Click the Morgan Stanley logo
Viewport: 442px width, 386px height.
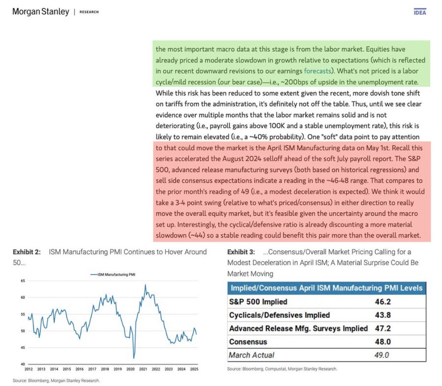coord(40,11)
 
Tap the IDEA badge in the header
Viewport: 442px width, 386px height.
coord(420,13)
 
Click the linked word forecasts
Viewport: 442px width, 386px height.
coord(317,71)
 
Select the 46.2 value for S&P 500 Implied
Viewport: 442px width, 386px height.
coord(383,302)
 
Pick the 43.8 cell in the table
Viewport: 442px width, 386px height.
coord(383,315)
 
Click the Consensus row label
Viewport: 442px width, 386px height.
coord(248,342)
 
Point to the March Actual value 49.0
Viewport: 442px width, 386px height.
coord(382,355)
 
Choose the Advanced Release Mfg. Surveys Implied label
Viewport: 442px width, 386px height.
coord(298,328)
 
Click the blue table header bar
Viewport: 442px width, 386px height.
coord(326,288)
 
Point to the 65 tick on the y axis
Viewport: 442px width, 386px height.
coord(23,281)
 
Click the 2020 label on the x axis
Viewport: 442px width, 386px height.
coord(130,369)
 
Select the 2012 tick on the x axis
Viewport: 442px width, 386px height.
coord(29,369)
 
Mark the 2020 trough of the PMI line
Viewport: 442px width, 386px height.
coord(134,358)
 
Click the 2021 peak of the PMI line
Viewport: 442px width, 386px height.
coord(145,285)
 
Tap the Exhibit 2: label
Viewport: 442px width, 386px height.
coord(27,252)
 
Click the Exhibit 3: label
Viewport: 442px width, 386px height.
coord(241,252)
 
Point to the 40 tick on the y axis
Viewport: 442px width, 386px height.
coord(23,364)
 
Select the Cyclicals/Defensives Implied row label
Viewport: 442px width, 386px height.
coord(279,315)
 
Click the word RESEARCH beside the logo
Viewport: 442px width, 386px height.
coord(89,12)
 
